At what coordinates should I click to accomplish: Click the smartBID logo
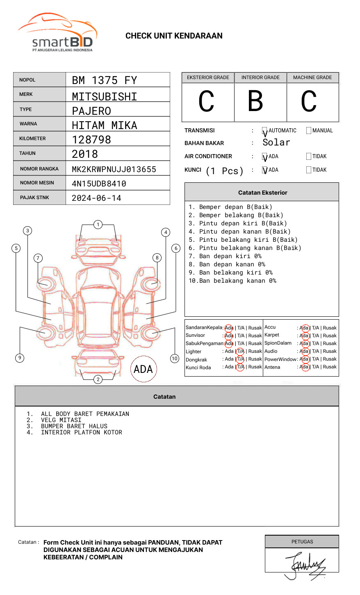point(57,33)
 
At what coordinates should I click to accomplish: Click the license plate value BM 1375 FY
point(104,80)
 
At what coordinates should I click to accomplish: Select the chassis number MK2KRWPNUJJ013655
point(114,169)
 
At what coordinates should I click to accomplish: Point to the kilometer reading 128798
point(91,140)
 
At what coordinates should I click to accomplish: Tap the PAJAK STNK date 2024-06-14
point(96,198)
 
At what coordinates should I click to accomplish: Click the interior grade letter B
point(255,101)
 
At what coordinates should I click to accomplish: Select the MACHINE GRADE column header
point(312,77)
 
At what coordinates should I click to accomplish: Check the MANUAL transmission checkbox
point(309,131)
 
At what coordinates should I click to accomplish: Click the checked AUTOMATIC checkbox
point(265,131)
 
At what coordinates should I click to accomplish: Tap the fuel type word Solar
point(276,143)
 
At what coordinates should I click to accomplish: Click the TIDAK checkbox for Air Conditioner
point(309,157)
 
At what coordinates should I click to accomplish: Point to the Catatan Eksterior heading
point(262,193)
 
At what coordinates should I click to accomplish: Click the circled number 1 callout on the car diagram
point(98,225)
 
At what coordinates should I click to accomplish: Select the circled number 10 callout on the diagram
point(175,359)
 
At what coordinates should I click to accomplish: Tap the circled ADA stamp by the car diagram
point(143,369)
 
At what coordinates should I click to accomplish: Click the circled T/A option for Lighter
point(240,351)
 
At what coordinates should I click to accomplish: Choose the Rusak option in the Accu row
point(330,328)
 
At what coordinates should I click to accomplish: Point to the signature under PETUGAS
point(305,565)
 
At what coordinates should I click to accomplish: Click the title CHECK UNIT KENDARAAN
point(174,36)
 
